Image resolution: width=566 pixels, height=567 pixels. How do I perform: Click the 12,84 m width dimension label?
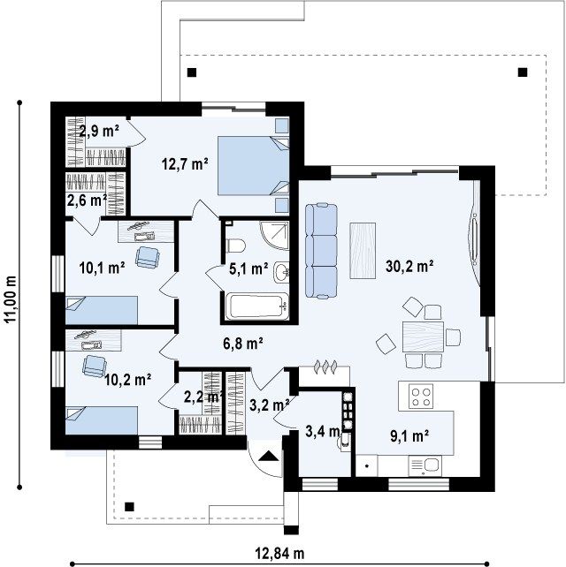coord(280,553)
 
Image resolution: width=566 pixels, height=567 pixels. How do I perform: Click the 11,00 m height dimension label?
coord(11,299)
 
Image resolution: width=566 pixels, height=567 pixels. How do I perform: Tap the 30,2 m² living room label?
coord(409,267)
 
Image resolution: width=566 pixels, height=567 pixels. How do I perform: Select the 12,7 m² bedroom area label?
coord(185,164)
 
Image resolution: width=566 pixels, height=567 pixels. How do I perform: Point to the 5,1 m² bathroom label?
coord(249,268)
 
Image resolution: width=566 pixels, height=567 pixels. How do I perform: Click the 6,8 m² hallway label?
coord(242,344)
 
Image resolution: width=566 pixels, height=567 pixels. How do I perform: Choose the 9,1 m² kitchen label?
coord(409,436)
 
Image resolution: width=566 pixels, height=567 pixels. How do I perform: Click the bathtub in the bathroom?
coord(257,306)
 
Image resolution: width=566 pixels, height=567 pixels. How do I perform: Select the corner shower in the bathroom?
coord(275,235)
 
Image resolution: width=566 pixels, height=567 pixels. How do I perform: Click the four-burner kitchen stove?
coord(421,397)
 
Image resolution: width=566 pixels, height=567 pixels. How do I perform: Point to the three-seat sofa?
coord(321,251)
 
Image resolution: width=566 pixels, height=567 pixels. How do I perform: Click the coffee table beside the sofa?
coord(363,251)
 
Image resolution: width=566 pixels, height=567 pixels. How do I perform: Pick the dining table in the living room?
coord(423,336)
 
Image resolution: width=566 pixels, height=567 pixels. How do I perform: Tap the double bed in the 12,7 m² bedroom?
coord(253,165)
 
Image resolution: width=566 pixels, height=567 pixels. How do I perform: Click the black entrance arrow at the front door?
coord(268,456)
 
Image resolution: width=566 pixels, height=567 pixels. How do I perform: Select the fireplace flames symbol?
coord(325,366)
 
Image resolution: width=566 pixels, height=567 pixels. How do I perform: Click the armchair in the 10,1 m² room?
coord(148,257)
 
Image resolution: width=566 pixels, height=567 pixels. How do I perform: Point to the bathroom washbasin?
coord(281,272)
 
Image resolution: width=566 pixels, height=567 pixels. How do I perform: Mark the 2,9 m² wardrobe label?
coord(99,131)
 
